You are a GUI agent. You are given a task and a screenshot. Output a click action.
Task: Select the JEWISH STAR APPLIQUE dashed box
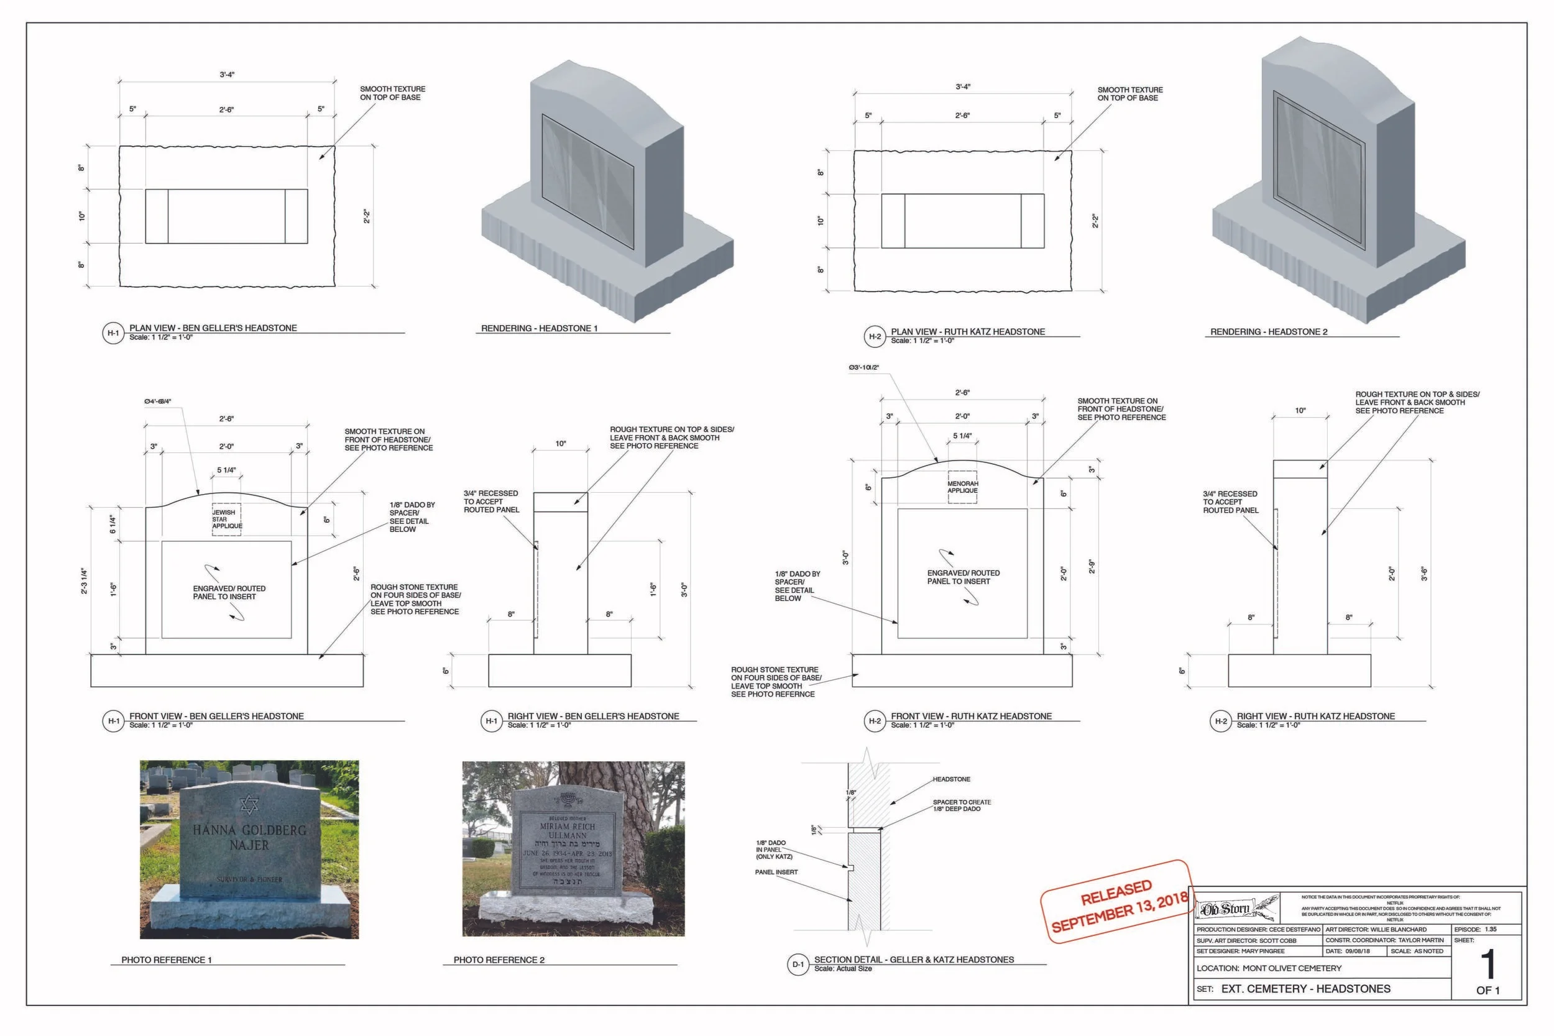pos(226,520)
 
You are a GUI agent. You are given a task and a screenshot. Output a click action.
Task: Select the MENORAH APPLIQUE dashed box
pos(962,487)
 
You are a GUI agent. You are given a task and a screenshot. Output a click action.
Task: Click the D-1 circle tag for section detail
pos(798,964)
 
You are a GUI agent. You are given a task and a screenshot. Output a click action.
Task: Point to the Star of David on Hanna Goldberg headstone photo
pos(249,804)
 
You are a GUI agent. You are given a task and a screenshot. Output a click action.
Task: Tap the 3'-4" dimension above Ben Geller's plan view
pos(227,75)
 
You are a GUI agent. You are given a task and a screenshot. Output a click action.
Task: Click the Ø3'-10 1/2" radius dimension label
pos(863,367)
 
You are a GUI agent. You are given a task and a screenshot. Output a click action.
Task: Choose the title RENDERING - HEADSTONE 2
pos(1268,332)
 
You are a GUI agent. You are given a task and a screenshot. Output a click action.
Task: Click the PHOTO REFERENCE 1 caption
pos(167,960)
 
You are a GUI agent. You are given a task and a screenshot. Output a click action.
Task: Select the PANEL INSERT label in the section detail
pos(776,872)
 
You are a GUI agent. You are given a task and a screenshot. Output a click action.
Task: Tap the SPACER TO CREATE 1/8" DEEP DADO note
pos(962,805)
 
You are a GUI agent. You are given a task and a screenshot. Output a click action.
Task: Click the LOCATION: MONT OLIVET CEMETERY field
pos(1269,968)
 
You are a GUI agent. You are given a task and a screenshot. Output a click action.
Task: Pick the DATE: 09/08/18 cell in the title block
pos(1352,951)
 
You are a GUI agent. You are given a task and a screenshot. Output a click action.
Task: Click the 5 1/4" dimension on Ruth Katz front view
pos(962,436)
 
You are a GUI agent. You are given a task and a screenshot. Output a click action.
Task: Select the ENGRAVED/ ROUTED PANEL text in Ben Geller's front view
pos(229,593)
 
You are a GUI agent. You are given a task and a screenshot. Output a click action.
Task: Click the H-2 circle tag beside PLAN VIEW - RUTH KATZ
pos(875,336)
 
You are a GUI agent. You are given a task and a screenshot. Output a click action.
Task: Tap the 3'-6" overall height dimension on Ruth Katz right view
pos(1425,574)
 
